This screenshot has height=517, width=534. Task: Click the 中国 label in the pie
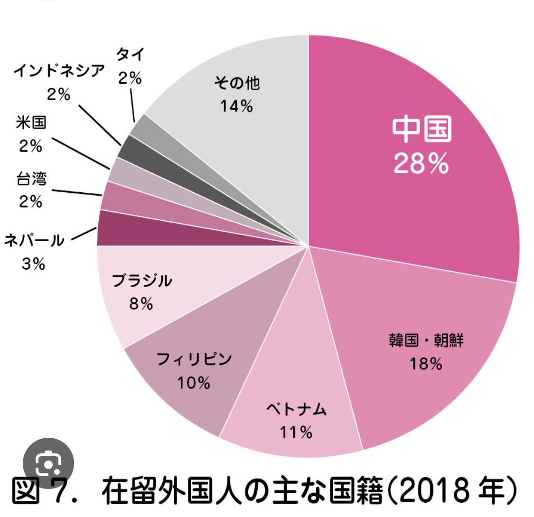pyautogui.click(x=422, y=130)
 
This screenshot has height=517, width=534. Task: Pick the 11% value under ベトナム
pyautogui.click(x=295, y=432)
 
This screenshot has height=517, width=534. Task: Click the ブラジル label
pyautogui.click(x=141, y=281)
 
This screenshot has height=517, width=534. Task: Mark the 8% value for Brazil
pyautogui.click(x=141, y=304)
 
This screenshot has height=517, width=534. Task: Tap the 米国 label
pyautogui.click(x=31, y=123)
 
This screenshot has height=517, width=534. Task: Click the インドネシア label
pyautogui.click(x=58, y=71)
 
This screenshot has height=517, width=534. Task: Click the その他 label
pyautogui.click(x=236, y=84)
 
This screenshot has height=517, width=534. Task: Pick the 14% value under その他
pyautogui.click(x=236, y=106)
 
